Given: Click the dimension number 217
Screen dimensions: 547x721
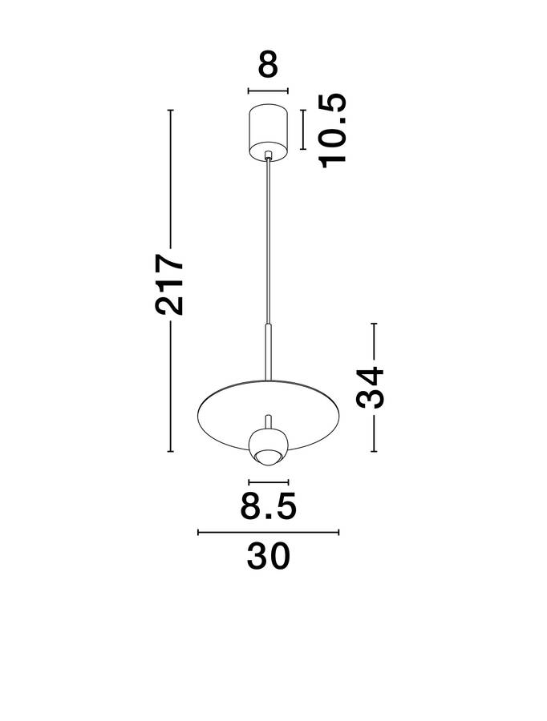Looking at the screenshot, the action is click(169, 284).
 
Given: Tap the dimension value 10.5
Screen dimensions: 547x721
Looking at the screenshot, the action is click(332, 131).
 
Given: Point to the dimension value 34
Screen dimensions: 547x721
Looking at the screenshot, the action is click(370, 388).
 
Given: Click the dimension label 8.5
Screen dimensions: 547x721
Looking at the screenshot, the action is click(268, 506).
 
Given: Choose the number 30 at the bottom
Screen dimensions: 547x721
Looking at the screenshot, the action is click(269, 557).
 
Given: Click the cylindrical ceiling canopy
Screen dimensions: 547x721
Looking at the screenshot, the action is click(268, 133).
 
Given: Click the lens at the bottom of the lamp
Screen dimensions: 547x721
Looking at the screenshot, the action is click(269, 457).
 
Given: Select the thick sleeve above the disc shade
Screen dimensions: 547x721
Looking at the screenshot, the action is click(269, 352).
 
